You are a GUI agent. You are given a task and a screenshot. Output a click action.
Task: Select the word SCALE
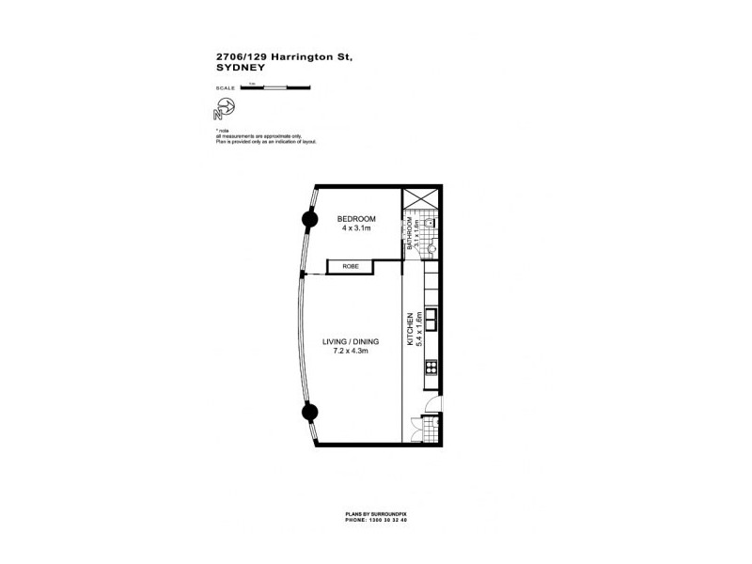(226, 88)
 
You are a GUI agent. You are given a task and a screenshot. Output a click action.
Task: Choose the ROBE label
(351, 267)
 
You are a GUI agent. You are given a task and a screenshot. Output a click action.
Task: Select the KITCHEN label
(410, 329)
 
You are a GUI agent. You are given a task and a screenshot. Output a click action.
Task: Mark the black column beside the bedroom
(307, 220)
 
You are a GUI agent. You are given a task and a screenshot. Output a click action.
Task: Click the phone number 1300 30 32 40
(388, 519)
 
